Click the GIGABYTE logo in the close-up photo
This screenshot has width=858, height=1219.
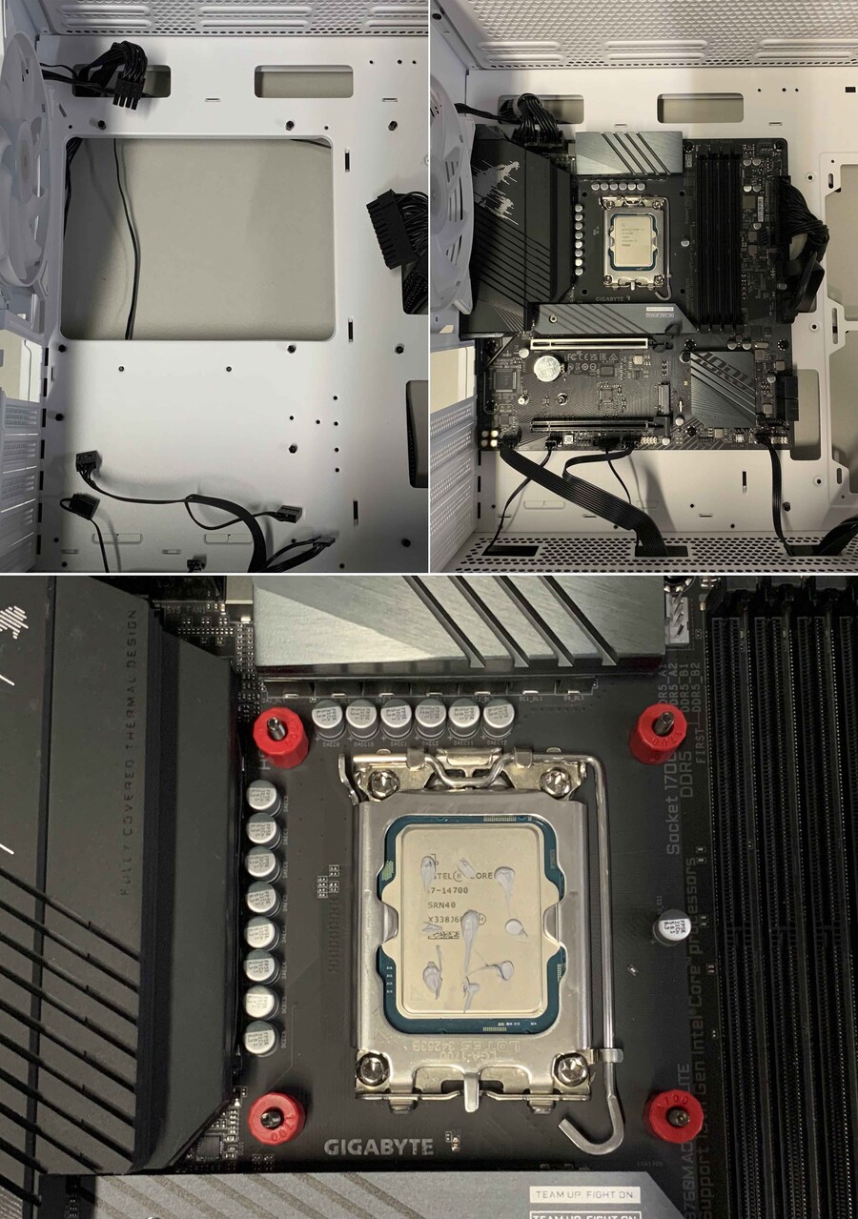point(378,1147)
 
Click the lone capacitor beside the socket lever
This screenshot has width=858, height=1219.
point(670,927)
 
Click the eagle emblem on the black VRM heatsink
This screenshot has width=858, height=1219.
point(513,205)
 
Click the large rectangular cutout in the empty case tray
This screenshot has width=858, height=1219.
point(197,238)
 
